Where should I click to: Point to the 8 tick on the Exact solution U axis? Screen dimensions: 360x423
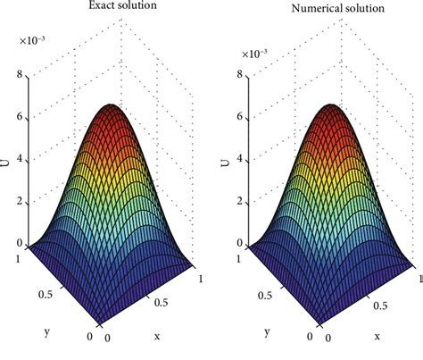[x=20, y=78]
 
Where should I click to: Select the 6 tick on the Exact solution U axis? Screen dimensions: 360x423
[x=20, y=119]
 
